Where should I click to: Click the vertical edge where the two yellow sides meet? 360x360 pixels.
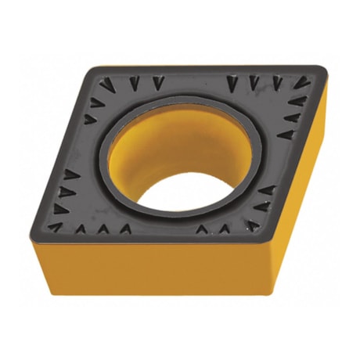[265, 270]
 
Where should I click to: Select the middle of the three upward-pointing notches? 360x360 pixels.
[102, 229]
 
